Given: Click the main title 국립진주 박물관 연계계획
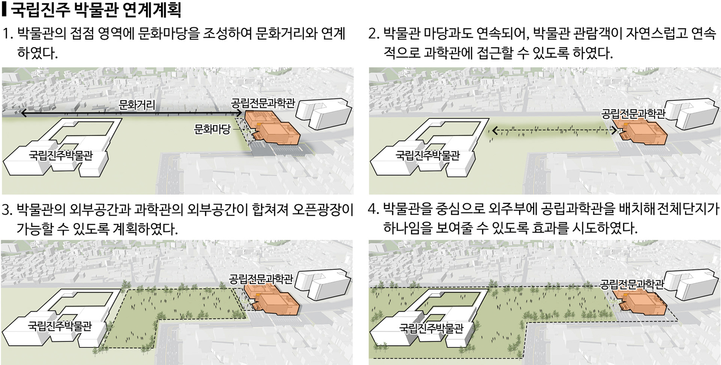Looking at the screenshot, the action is click(95, 10).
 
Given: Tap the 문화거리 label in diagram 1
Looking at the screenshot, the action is click(137, 105).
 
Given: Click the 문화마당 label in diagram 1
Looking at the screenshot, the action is click(212, 130).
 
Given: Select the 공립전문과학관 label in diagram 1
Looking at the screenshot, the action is click(263, 103).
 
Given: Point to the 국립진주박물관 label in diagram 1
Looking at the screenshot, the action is click(61, 155).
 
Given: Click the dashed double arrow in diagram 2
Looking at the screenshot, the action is click(554, 131).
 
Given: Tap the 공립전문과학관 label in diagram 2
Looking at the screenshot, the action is click(633, 114).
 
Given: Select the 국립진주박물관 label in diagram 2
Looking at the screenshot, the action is click(427, 155).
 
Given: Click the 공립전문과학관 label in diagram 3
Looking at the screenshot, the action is click(261, 279).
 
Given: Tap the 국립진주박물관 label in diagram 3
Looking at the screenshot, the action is click(60, 326).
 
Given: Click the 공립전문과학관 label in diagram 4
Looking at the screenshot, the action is click(632, 285).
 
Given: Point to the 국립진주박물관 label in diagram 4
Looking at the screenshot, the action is click(431, 328).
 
